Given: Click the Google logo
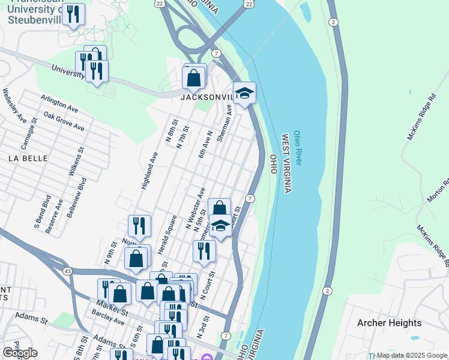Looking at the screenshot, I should pos(20,353).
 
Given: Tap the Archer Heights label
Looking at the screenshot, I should pos(389,323).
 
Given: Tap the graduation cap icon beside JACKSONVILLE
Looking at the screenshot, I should pos(244,94).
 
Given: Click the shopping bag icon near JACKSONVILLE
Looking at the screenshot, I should pos(194,77).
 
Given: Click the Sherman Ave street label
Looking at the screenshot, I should pos(224,123).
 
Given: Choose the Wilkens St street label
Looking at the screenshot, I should pos(76,161).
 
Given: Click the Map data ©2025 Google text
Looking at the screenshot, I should pos(412,355).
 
